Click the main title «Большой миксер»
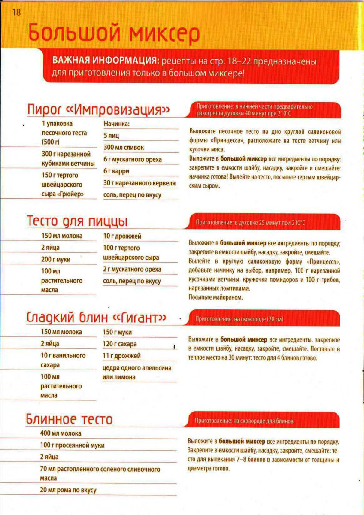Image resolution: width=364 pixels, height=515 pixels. [x=114, y=34]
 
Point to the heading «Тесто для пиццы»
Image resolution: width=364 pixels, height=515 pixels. [x=77, y=221]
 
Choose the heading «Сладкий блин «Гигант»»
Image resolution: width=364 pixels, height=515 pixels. [x=97, y=318]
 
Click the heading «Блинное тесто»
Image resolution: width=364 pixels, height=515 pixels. [x=70, y=418]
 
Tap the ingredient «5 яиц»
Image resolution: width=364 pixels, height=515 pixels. [x=111, y=136]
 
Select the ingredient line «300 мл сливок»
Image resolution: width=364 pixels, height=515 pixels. [x=124, y=148]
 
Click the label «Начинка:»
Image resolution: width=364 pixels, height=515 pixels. [x=117, y=124]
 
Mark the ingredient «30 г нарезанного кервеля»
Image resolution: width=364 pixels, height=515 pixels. [x=140, y=183]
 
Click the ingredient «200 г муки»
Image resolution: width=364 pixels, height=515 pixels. [x=56, y=259]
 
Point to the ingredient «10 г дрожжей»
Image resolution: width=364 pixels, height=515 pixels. [x=122, y=236]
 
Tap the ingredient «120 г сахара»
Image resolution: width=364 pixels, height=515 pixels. [x=120, y=344]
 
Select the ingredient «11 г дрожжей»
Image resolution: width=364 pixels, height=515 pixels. [x=121, y=356]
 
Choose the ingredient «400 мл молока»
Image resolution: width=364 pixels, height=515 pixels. [x=61, y=433]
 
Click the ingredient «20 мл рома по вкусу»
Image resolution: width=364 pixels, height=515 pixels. [x=68, y=490]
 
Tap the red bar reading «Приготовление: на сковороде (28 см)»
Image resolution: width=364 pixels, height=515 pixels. [x=264, y=319]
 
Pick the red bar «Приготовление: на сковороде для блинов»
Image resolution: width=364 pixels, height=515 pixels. [x=264, y=421]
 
